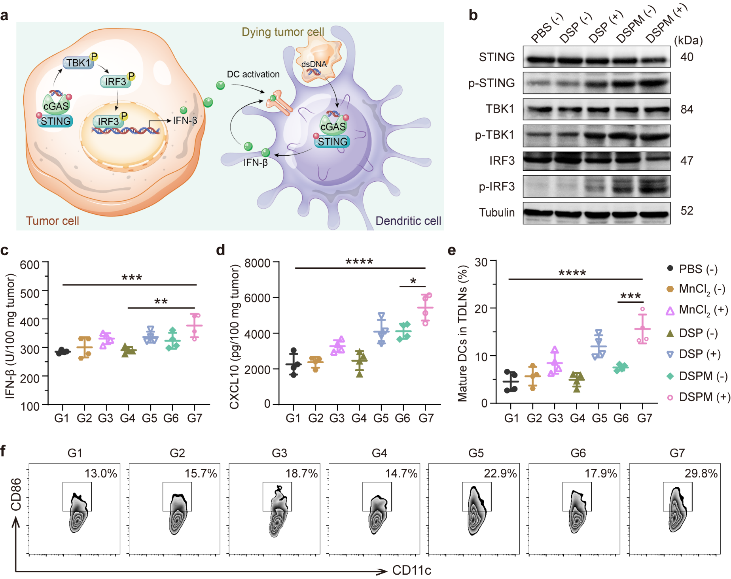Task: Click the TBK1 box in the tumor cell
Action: [78, 63]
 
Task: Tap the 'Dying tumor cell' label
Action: [282, 32]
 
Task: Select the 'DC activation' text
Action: [253, 74]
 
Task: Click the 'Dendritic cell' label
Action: [408, 221]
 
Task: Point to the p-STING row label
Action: [491, 83]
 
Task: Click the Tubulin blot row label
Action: [497, 213]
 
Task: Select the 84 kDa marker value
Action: [687, 109]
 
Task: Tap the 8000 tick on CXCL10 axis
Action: [257, 263]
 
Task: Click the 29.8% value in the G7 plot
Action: [701, 473]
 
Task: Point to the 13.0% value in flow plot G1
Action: [101, 473]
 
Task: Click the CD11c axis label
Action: [411, 570]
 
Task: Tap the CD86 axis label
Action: [16, 494]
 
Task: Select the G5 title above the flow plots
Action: [476, 453]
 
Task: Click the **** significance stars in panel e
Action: [572, 273]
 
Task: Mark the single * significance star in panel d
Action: [413, 281]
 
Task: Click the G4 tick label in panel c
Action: [127, 418]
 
